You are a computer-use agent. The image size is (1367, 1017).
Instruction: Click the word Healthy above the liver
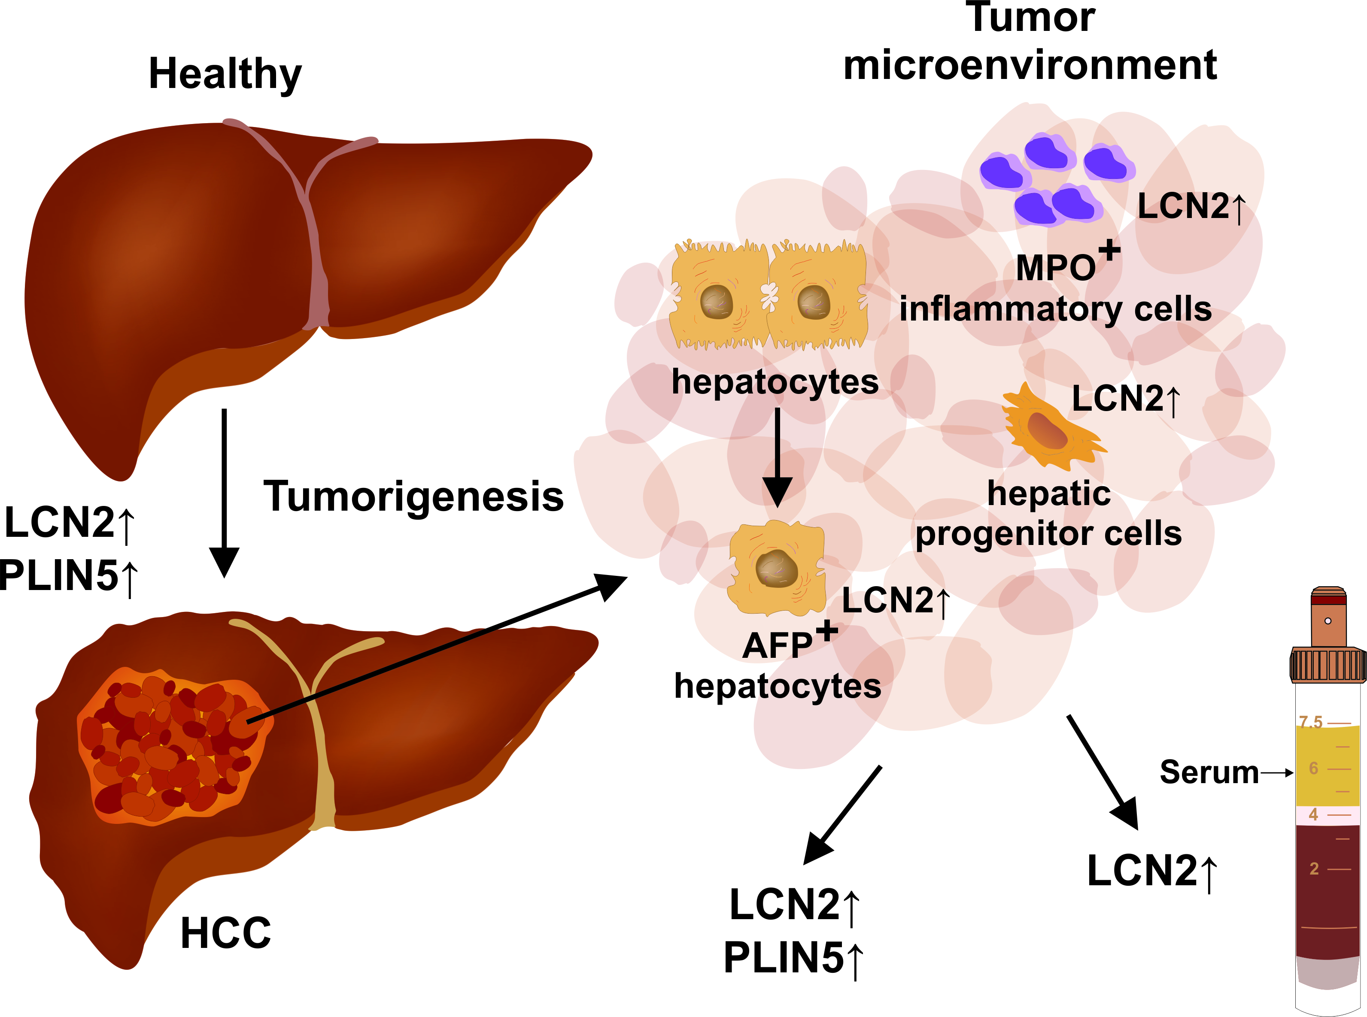point(225,74)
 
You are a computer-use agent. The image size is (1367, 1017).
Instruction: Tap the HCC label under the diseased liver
point(225,932)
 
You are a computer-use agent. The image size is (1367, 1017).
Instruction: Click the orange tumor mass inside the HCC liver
point(169,745)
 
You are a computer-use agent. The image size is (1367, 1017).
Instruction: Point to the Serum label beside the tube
point(1209,772)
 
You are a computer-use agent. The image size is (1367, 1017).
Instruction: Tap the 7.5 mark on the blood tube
point(1310,721)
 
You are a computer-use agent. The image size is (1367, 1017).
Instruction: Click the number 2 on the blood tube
point(1313,869)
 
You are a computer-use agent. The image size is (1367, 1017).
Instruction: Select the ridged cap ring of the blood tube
point(1328,665)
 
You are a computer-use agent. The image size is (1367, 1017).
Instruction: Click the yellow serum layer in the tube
point(1327,766)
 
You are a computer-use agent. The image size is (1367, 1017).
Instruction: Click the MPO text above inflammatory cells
point(1055,268)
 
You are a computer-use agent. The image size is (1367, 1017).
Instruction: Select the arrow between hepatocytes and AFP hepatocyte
point(777,456)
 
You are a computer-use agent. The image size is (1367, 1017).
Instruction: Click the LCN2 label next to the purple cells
point(1183,206)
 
